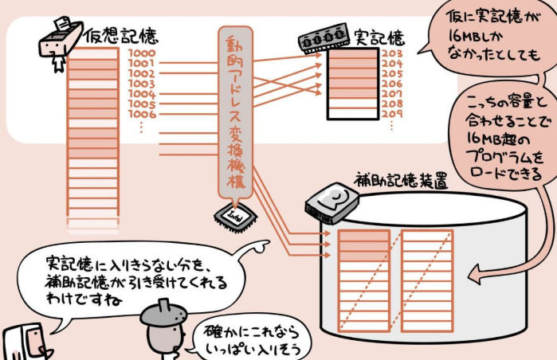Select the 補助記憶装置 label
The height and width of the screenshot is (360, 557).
point(399,181)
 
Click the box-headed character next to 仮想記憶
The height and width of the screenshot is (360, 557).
point(61,40)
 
